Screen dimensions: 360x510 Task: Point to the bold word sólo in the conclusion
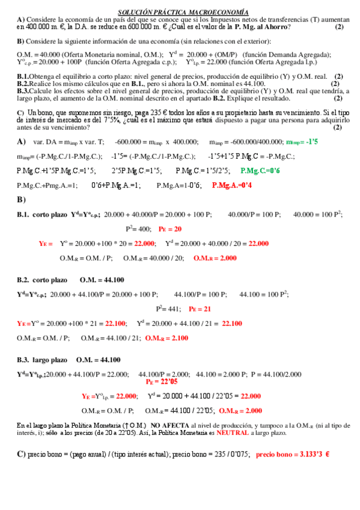(x=36, y=432)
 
